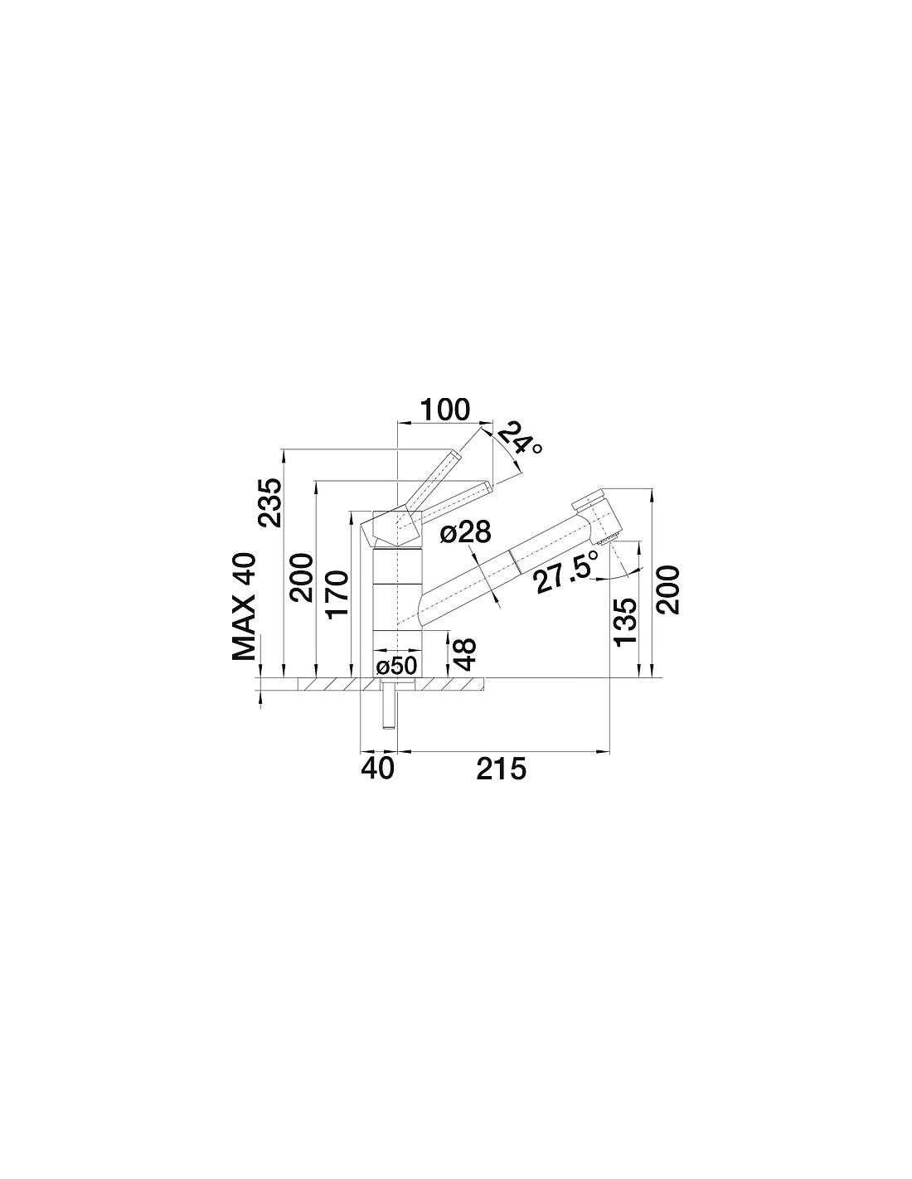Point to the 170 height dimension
[337, 594]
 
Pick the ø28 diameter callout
[465, 534]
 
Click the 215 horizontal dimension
[501, 769]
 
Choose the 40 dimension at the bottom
[377, 769]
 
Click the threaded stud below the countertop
[389, 703]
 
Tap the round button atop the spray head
[588, 498]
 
